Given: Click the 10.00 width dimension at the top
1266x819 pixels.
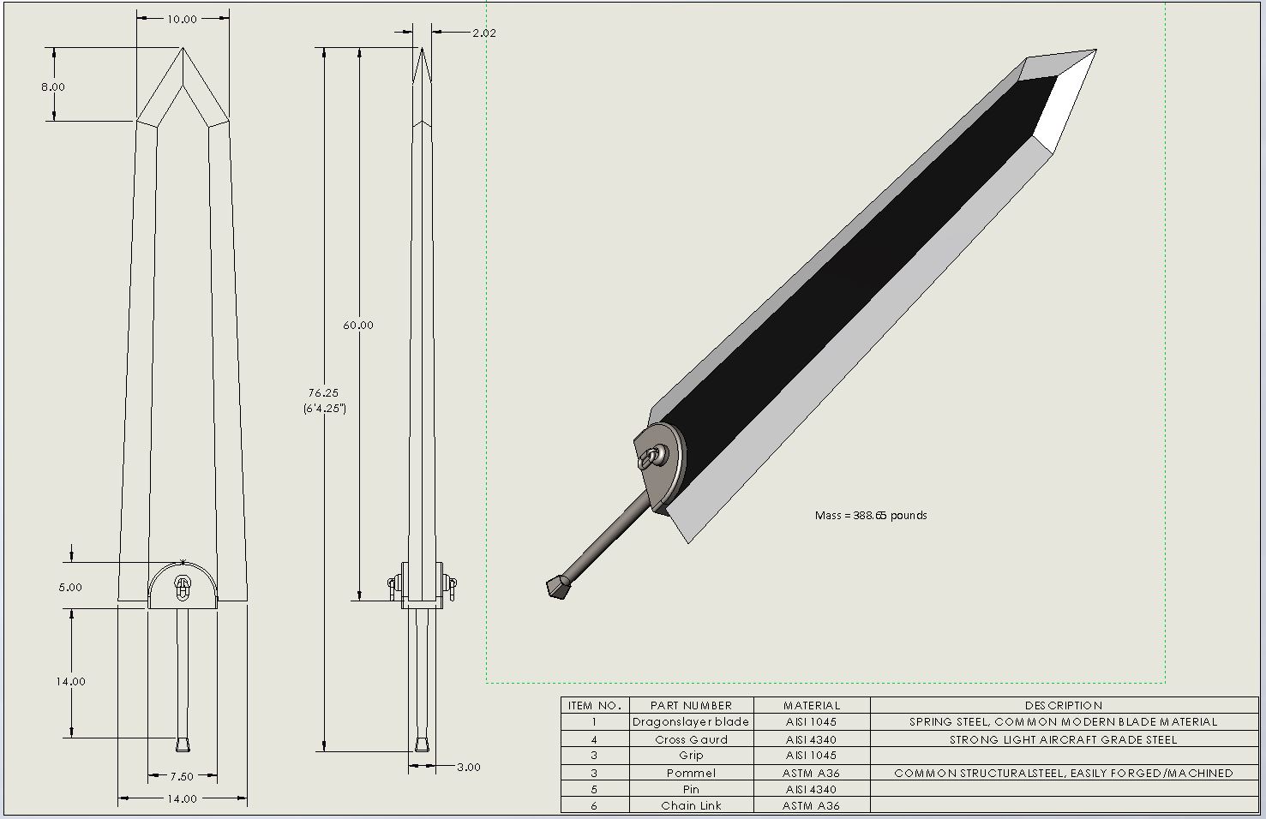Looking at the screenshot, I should [x=182, y=19].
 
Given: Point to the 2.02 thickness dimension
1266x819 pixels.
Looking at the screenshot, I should [x=483, y=33].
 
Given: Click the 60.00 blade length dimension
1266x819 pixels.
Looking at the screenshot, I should [x=358, y=325].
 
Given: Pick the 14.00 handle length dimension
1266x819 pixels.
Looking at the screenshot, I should [x=71, y=681].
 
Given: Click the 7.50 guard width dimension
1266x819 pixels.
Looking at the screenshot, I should [x=182, y=776].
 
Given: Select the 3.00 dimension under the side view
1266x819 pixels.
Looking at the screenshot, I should [x=468, y=767].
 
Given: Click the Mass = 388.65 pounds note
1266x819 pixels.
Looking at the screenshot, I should [x=870, y=515].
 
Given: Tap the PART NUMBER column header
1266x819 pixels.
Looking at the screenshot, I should [x=691, y=705].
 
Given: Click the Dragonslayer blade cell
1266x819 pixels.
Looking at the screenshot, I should [x=691, y=722].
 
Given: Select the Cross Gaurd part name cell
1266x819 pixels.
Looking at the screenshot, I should [x=691, y=739].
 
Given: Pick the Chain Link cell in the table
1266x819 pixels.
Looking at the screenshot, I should [x=691, y=805].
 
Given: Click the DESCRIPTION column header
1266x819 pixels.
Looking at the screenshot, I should [x=1063, y=705].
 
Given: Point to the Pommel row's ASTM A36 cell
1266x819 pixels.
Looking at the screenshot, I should [x=811, y=773].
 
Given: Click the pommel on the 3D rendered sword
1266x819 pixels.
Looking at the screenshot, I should [x=558, y=587].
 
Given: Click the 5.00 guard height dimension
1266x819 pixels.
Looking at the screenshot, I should [x=70, y=587].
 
